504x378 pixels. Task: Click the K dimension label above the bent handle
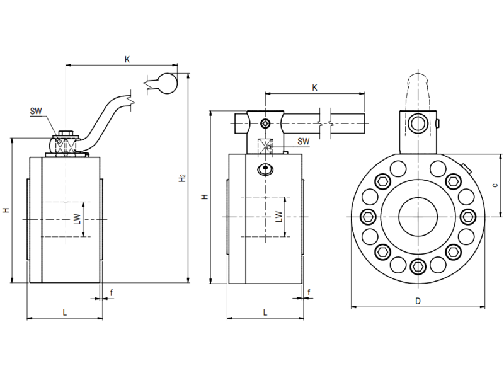(x=127, y=59)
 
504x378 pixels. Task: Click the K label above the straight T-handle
(x=314, y=88)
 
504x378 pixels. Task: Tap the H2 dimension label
(x=181, y=178)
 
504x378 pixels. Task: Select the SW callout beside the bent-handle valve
(x=36, y=112)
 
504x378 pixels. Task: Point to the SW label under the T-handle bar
(x=303, y=141)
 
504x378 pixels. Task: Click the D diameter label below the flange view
(x=418, y=301)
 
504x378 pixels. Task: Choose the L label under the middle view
(x=265, y=312)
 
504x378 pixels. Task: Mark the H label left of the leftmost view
(x=6, y=210)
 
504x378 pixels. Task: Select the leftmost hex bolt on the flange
(x=369, y=217)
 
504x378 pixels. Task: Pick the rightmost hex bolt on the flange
(x=467, y=217)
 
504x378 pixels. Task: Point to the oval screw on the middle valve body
(x=266, y=169)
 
